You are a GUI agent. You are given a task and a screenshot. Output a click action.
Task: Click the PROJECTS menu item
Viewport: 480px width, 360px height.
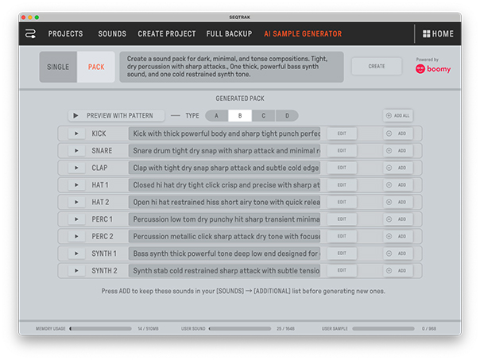click(x=65, y=34)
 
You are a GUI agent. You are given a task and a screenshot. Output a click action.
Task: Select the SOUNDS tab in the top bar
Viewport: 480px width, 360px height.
click(x=112, y=34)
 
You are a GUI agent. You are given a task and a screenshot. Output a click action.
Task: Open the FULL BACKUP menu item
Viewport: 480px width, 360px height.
click(x=229, y=34)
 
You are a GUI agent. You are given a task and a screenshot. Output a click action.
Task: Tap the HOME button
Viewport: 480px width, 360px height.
click(x=438, y=34)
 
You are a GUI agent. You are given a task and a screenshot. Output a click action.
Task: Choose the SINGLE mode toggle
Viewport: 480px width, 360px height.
click(x=58, y=67)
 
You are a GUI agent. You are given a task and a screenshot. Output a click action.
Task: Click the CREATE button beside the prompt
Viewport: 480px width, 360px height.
click(x=376, y=67)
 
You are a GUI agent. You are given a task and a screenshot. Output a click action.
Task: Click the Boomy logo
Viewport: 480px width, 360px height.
click(x=433, y=69)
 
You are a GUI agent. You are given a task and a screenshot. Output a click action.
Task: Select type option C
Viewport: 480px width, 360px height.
click(x=263, y=116)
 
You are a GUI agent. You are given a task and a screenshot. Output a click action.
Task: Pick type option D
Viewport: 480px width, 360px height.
click(x=286, y=116)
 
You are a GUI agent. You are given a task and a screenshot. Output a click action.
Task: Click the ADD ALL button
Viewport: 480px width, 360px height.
click(x=397, y=116)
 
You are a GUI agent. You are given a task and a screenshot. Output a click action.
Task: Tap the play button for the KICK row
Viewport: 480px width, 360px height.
click(x=76, y=134)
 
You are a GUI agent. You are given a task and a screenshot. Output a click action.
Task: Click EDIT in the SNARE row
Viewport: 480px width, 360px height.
click(x=342, y=151)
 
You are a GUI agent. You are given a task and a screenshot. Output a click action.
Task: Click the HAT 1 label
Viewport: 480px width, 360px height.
click(x=100, y=185)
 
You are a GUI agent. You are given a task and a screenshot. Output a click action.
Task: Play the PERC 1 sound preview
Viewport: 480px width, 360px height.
click(x=76, y=219)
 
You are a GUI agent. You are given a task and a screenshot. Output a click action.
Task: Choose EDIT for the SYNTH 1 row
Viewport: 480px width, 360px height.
click(x=342, y=254)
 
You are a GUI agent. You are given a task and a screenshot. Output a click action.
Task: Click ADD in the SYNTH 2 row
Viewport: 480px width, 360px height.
click(x=397, y=271)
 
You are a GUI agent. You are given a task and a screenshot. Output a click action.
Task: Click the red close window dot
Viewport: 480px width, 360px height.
click(x=24, y=17)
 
